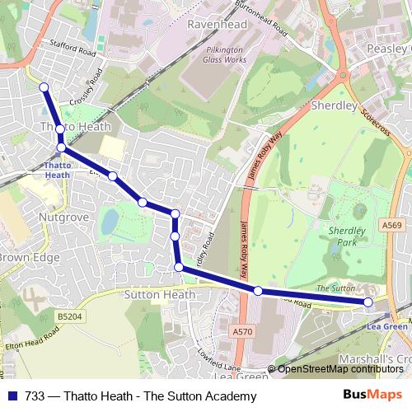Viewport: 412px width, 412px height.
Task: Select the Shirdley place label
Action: (333, 106)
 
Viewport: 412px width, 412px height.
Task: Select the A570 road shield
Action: (242, 331)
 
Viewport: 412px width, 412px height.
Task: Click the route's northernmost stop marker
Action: (44, 87)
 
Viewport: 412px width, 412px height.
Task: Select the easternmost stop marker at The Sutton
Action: (368, 302)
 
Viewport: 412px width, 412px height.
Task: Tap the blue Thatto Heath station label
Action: (58, 170)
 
